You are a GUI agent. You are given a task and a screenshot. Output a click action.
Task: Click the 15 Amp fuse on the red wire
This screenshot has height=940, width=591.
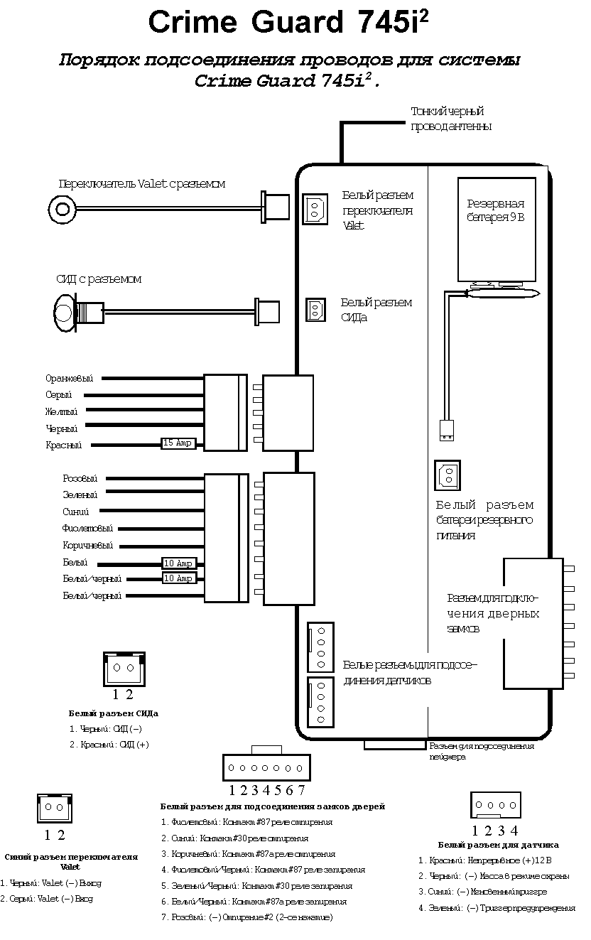click(x=178, y=443)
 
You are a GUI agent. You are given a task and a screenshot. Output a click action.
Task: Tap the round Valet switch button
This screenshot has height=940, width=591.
click(x=62, y=208)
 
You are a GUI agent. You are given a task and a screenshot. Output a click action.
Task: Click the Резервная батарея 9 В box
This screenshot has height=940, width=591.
click(x=496, y=229)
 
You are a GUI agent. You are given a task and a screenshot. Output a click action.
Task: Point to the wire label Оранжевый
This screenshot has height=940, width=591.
click(x=69, y=379)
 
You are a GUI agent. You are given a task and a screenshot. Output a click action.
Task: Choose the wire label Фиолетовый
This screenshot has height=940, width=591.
click(x=87, y=529)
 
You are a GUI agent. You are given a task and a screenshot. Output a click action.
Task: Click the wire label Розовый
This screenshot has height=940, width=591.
click(x=80, y=479)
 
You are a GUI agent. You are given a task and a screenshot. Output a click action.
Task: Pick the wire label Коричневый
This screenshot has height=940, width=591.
click(x=87, y=546)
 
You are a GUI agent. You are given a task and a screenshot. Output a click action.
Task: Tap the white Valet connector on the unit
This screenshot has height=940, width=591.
click(x=315, y=210)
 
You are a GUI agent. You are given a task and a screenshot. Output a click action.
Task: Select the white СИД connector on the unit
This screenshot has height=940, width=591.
click(x=316, y=310)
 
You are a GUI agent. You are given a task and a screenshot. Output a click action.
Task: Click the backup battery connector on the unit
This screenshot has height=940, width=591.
click(x=447, y=475)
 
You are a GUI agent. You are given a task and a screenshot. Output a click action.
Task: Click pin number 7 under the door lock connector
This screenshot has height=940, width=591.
click(x=301, y=789)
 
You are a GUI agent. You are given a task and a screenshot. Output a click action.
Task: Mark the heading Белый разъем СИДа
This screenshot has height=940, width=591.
click(x=114, y=713)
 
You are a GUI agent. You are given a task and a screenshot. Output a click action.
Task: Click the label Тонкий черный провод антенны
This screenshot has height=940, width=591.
click(x=451, y=119)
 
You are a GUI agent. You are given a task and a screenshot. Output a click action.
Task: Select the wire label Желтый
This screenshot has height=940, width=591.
click(x=62, y=411)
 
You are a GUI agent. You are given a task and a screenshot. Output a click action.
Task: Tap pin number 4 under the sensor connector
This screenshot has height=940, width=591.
click(x=514, y=830)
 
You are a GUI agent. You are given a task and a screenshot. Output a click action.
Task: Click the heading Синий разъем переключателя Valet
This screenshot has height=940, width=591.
click(x=71, y=862)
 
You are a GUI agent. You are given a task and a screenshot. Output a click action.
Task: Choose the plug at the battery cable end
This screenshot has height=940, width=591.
click(x=446, y=429)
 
